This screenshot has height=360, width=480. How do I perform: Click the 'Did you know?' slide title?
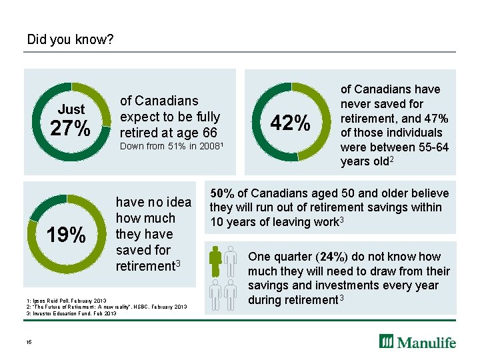(x=70, y=40)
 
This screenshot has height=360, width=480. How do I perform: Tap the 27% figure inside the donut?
(x=71, y=128)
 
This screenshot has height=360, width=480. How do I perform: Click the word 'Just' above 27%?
(x=71, y=109)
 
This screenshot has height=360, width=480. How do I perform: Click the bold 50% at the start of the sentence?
(x=222, y=193)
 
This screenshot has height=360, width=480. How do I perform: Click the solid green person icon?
(x=215, y=262)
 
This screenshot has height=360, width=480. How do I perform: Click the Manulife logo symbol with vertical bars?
(x=387, y=341)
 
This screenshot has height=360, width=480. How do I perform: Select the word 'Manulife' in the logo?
(x=427, y=342)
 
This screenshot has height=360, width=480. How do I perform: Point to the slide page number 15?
(x=29, y=343)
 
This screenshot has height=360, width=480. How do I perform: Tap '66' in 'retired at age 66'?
(x=210, y=131)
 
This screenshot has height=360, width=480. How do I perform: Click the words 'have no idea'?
(x=153, y=202)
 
